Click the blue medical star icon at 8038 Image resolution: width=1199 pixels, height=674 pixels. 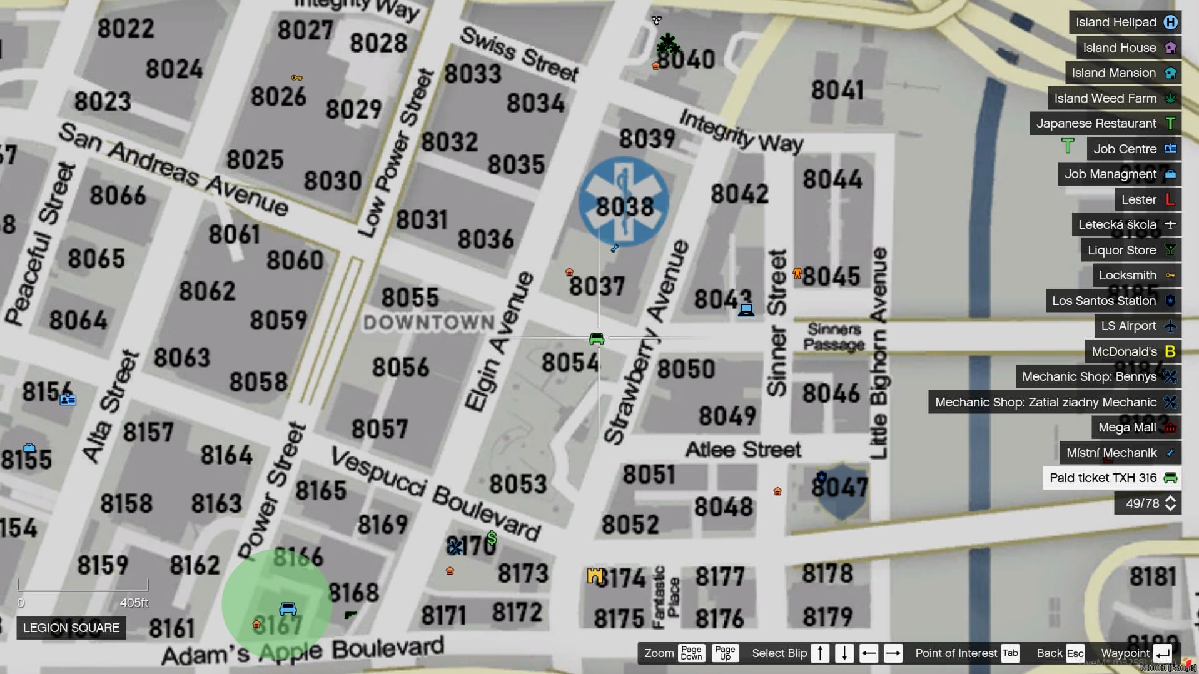point(624,201)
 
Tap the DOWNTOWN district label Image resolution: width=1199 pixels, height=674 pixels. point(429,323)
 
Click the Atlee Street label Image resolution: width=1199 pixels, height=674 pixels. point(742,450)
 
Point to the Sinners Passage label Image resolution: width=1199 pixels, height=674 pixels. point(834,337)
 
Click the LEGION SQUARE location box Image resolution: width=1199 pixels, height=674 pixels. point(71,628)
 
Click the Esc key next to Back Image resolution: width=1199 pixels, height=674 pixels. point(1075,653)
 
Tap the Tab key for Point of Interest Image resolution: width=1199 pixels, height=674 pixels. point(1010,653)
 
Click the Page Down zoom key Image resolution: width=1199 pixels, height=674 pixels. point(691,653)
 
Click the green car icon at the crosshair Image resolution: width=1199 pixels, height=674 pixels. point(597,339)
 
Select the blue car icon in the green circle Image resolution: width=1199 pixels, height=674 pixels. point(288,608)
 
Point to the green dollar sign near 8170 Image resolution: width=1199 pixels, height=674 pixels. point(492,538)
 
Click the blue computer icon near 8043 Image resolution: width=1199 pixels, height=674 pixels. point(746,309)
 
